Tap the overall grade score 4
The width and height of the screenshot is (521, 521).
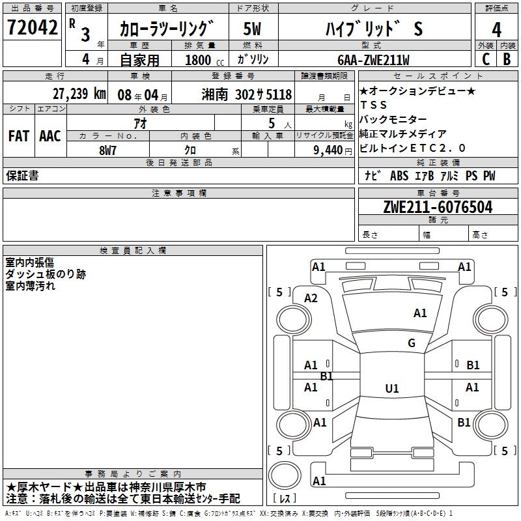496,30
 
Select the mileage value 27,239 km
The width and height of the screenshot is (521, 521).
79,93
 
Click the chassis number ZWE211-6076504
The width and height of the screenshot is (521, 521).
438,208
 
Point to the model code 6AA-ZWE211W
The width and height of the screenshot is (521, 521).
373,60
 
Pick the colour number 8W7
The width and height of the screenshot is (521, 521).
107,148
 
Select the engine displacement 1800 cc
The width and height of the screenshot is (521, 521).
200,60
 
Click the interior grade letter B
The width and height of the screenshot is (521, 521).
507,59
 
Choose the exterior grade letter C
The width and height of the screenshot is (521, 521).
485,59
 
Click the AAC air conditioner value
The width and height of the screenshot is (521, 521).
50,135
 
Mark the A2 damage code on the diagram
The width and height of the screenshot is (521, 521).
311,298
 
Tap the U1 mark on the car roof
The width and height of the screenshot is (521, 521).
391,389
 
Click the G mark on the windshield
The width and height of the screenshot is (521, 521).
411,343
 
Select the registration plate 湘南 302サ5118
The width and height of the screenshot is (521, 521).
246,94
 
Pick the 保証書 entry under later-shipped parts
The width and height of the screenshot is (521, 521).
22,176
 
